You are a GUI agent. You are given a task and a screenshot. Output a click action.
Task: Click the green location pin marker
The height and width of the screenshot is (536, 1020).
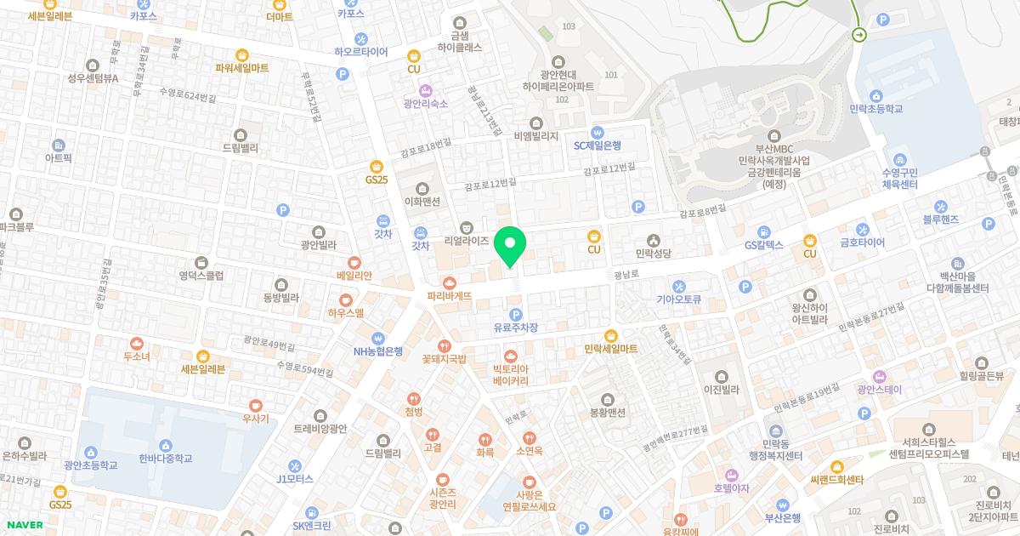pos(510,247)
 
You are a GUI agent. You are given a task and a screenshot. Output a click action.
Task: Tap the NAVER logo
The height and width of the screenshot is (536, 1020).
pos(23,525)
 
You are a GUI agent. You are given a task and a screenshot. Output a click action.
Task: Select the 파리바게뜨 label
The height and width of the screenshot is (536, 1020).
pos(449,295)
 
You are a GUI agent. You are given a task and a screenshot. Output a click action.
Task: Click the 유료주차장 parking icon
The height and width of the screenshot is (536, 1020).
pos(515,315)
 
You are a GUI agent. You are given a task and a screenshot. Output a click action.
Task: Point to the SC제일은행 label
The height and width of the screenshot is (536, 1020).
pos(598,145)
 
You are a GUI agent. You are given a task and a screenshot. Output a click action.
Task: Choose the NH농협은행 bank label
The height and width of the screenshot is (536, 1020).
pos(378,351)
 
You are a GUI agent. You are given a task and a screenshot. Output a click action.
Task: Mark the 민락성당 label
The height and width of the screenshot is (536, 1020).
pos(653,253)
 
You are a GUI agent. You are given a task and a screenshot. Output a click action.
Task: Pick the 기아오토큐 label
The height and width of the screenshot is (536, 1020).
pos(678,299)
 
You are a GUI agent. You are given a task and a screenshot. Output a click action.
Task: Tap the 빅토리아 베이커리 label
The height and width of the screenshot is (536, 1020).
pos(510,374)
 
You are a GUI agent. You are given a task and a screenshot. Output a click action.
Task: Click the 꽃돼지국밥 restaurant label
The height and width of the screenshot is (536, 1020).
pos(444,358)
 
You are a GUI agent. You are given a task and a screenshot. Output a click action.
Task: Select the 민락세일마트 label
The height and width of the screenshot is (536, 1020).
pos(610,349)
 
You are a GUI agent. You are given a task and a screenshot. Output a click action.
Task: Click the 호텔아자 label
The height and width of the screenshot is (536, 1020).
pos(731,488)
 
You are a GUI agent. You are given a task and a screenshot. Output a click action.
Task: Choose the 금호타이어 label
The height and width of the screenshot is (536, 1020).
pos(862,242)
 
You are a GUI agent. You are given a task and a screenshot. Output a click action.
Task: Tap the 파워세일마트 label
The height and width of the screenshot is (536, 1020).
pos(241,67)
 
